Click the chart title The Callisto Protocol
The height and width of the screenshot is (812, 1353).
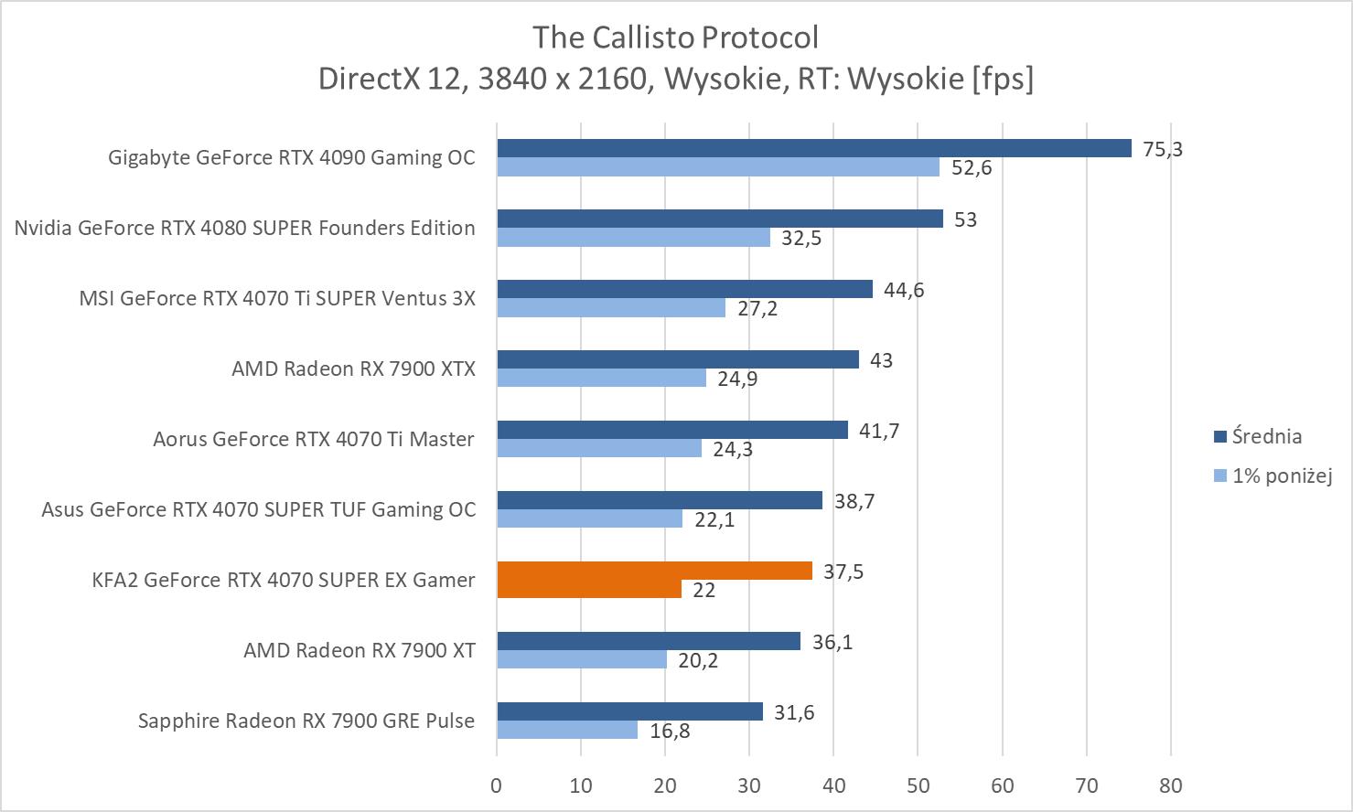675,37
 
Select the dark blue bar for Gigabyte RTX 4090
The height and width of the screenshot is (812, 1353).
813,148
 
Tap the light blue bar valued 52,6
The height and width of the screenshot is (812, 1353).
718,167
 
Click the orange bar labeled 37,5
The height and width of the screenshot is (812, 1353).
654,571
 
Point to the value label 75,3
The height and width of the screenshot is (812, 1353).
1162,149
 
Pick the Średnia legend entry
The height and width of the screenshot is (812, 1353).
1266,436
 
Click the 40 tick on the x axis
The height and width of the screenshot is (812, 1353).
833,785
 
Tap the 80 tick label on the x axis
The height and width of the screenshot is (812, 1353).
1170,785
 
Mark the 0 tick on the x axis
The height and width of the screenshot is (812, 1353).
497,785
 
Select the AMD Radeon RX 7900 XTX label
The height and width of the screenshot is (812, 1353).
353,369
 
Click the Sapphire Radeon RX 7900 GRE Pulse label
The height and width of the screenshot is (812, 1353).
306,721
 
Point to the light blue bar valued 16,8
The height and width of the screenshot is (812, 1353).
567,730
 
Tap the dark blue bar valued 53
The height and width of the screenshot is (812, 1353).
720,219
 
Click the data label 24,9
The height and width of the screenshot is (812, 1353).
737,379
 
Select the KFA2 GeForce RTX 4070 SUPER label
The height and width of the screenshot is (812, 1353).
284,580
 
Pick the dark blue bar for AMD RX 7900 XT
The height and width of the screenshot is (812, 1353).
649,641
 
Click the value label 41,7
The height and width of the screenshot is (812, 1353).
879,431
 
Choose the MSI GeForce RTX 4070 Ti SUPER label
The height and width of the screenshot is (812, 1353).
277,298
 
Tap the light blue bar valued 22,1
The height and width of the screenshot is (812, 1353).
589,518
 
